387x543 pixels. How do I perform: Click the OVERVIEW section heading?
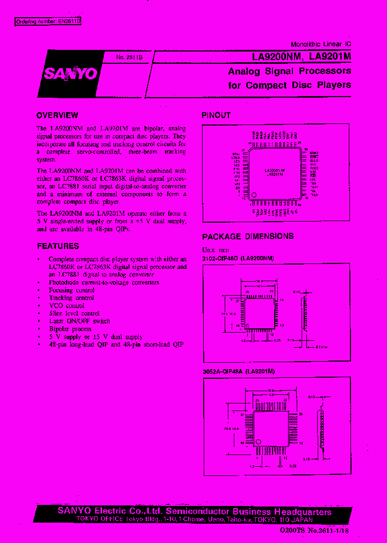point(57,115)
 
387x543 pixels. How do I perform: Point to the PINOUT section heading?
point(216,115)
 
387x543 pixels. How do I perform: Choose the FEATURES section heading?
point(58,246)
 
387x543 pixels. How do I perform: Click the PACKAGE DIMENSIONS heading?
point(248,236)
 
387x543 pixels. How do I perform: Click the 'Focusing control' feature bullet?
point(71,290)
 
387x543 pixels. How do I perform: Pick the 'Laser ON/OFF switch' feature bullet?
point(79,321)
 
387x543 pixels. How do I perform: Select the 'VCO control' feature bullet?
point(66,305)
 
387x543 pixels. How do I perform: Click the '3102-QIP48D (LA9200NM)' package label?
point(238,259)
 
